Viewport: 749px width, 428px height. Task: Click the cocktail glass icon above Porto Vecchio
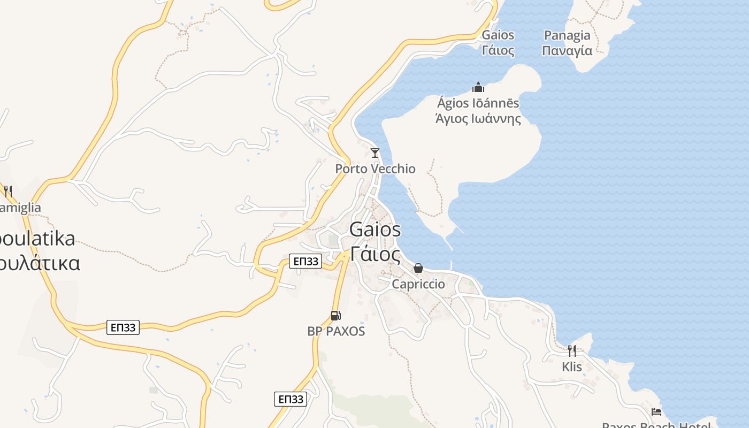(x=375, y=153)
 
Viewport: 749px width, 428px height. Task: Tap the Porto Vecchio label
(x=375, y=169)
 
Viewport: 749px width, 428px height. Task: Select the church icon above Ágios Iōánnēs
(x=478, y=87)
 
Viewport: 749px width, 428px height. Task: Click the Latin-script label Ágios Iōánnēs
(x=478, y=103)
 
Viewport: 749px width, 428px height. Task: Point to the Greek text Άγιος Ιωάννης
(x=478, y=119)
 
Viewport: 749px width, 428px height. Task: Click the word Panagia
(x=567, y=36)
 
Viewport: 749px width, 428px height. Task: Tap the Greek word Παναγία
(x=567, y=51)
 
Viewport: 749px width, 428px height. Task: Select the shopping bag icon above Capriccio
(x=418, y=268)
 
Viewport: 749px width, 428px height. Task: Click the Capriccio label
(x=418, y=284)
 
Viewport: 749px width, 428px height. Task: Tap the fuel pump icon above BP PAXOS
(x=335, y=316)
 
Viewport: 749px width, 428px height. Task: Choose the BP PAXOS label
(x=336, y=331)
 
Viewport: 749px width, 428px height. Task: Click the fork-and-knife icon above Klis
(x=572, y=351)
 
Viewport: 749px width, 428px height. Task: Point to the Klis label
(x=572, y=367)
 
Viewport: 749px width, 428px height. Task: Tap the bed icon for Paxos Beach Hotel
(x=656, y=412)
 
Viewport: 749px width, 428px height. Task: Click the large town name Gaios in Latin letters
(x=375, y=230)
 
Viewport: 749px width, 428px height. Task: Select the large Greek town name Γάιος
(x=375, y=254)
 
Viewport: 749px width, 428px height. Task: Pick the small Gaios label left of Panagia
(x=498, y=35)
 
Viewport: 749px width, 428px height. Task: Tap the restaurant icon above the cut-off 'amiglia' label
(x=7, y=191)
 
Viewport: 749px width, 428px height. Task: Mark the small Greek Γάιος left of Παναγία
(x=498, y=51)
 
